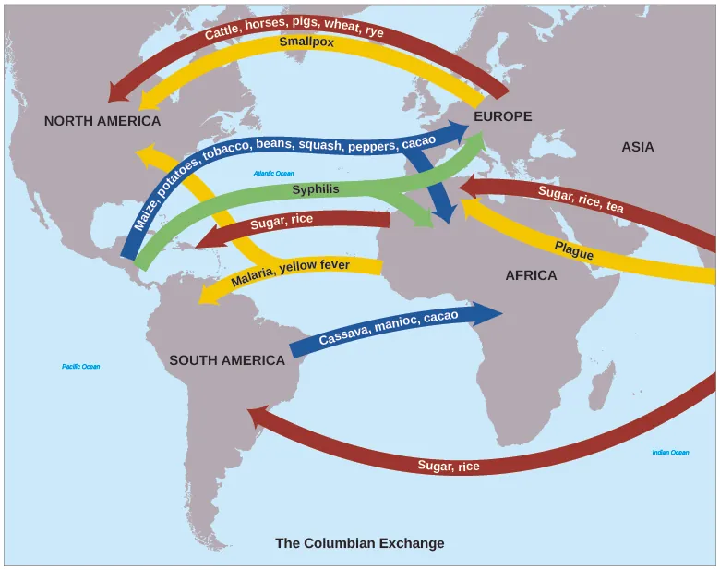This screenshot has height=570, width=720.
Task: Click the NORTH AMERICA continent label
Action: point(102,121)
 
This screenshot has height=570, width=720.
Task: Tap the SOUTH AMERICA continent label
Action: point(227,360)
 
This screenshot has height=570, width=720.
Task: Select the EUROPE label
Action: point(503,116)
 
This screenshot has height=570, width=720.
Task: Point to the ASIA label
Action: point(637,147)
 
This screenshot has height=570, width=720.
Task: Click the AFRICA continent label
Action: point(531,275)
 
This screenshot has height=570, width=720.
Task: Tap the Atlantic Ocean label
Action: point(273,173)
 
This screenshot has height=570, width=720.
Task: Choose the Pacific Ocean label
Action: point(81,367)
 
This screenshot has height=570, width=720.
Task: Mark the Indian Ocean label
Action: point(670,453)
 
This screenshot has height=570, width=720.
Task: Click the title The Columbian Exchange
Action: point(359,543)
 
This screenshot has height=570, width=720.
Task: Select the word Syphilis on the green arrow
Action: point(316,189)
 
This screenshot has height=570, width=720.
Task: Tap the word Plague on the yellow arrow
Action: point(573,249)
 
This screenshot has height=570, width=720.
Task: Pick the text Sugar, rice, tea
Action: point(581,199)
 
